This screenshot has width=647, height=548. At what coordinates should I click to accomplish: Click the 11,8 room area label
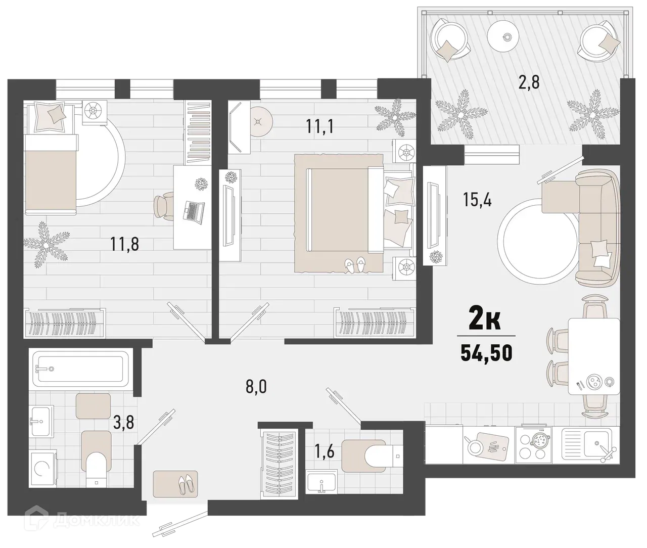click(x=124, y=245)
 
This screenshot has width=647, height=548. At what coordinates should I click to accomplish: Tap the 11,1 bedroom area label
click(x=320, y=126)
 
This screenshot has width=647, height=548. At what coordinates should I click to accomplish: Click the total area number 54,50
click(x=486, y=352)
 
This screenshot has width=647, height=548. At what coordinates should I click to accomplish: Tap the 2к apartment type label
click(x=485, y=321)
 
